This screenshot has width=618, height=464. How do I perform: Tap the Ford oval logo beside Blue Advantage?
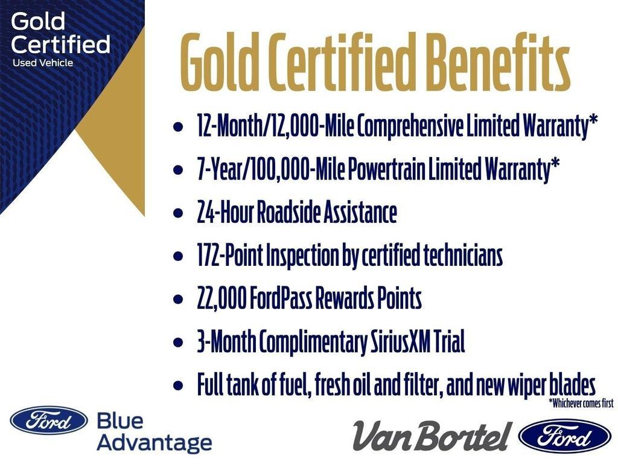coord(48,420)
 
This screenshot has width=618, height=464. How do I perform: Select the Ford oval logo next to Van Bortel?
coord(565,435)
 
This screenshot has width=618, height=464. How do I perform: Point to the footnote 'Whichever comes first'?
coord(581,403)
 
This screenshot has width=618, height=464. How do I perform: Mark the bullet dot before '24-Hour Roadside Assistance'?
coord(177,213)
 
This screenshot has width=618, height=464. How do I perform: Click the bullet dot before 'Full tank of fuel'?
coord(177,385)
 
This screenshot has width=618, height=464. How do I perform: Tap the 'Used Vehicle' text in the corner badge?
coord(42,62)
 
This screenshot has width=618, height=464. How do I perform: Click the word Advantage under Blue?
coord(154,443)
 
